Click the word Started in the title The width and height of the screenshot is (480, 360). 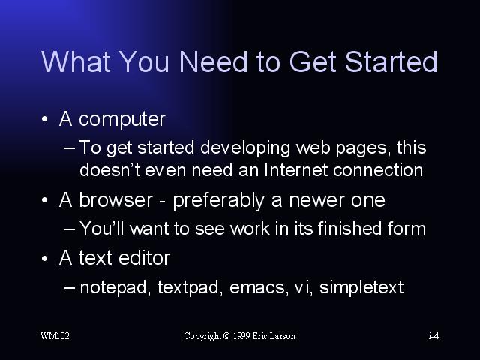tap(391, 61)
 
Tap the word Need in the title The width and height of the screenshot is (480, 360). tap(213, 61)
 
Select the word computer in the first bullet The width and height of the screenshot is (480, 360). tap(122, 120)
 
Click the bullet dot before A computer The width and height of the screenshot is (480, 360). tap(45, 118)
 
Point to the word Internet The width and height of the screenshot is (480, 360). tap(295, 169)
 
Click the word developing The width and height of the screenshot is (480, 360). tap(245, 148)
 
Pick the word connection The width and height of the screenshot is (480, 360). tap(378, 170)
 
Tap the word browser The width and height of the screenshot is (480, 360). tap(115, 200)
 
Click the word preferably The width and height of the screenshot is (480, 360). tap(218, 202)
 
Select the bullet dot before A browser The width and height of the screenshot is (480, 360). tap(45, 200)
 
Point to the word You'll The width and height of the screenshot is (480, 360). tap(102, 228)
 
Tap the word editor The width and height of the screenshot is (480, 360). tap(144, 258)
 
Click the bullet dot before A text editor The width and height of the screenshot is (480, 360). tap(45, 258)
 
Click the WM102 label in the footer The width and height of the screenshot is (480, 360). tap(55, 336)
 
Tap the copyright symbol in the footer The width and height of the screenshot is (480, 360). tap(226, 336)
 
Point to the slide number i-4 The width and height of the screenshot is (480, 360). tap(433, 336)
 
